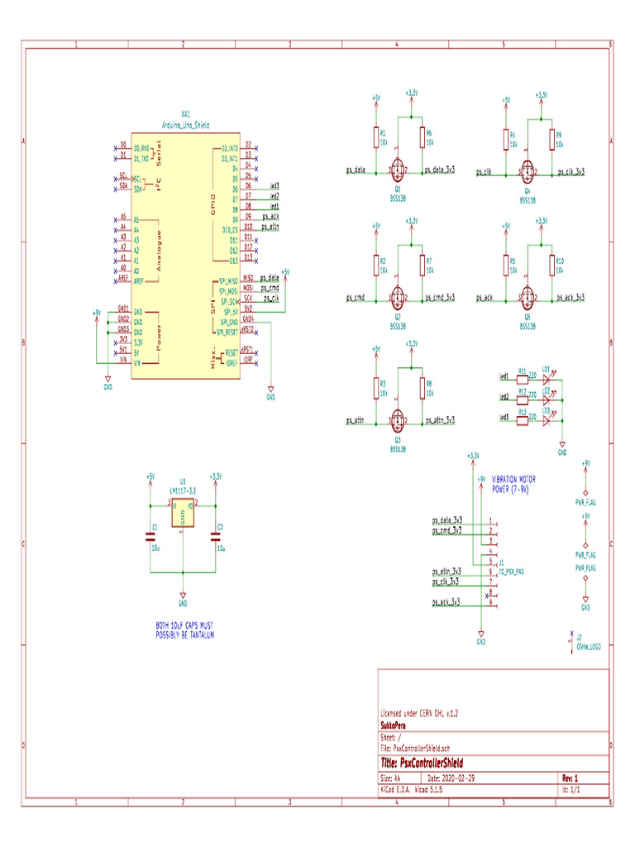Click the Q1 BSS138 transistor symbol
[x=398, y=172]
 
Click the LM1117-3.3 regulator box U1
[x=183, y=514]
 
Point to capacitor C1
[x=150, y=536]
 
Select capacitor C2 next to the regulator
[x=216, y=536]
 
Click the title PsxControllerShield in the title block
[x=421, y=763]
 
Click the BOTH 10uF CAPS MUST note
[x=185, y=630]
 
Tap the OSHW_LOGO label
[x=588, y=646]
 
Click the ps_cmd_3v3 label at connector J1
[x=447, y=530]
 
